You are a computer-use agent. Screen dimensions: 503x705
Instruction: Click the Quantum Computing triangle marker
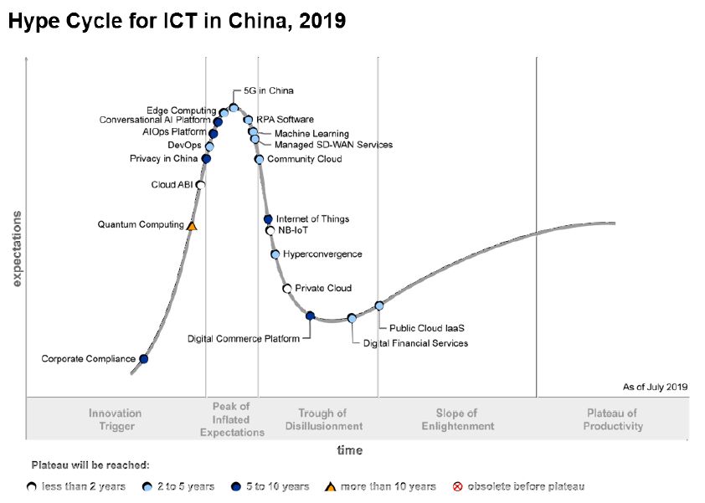coord(192,226)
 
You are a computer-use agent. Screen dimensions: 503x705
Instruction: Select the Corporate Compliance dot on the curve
coord(143,359)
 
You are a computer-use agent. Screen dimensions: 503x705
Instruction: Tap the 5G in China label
coord(268,90)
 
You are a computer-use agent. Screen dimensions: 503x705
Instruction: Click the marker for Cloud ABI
coord(200,185)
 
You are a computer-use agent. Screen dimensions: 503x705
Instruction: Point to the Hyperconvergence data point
coord(275,254)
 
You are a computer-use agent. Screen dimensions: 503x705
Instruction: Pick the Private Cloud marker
coord(287,289)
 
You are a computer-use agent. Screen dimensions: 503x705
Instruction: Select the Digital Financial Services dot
coord(352,318)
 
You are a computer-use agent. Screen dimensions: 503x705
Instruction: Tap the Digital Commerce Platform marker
coord(310,316)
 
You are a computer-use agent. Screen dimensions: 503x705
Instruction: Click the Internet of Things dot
coord(268,219)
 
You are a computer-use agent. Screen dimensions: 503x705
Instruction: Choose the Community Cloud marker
coord(260,159)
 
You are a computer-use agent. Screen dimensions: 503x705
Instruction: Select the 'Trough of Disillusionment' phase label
coord(322,419)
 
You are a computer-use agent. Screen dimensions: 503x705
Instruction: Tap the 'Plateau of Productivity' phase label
coord(611,419)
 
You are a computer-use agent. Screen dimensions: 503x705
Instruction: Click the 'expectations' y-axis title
coord(16,249)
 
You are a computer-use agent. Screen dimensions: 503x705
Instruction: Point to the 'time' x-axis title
coord(350,450)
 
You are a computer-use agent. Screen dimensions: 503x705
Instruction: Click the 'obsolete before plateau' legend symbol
coord(457,486)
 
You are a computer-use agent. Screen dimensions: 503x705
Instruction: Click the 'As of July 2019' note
coord(655,387)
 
